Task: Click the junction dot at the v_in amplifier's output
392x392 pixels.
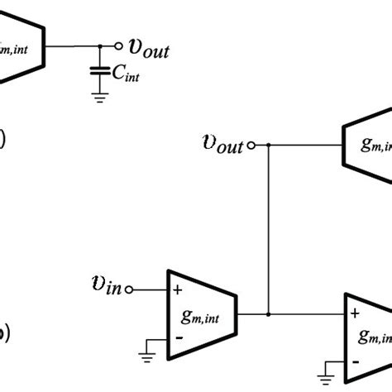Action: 267,314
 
